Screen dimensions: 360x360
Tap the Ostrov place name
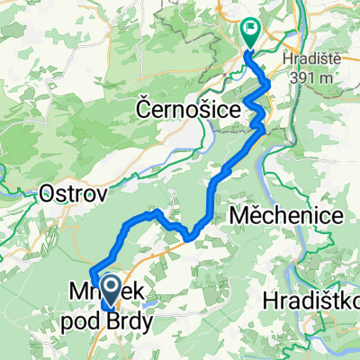point(76,193)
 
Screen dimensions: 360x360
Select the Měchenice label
point(286,216)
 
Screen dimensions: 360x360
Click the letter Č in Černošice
point(145,108)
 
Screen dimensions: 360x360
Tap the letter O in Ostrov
point(49,193)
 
